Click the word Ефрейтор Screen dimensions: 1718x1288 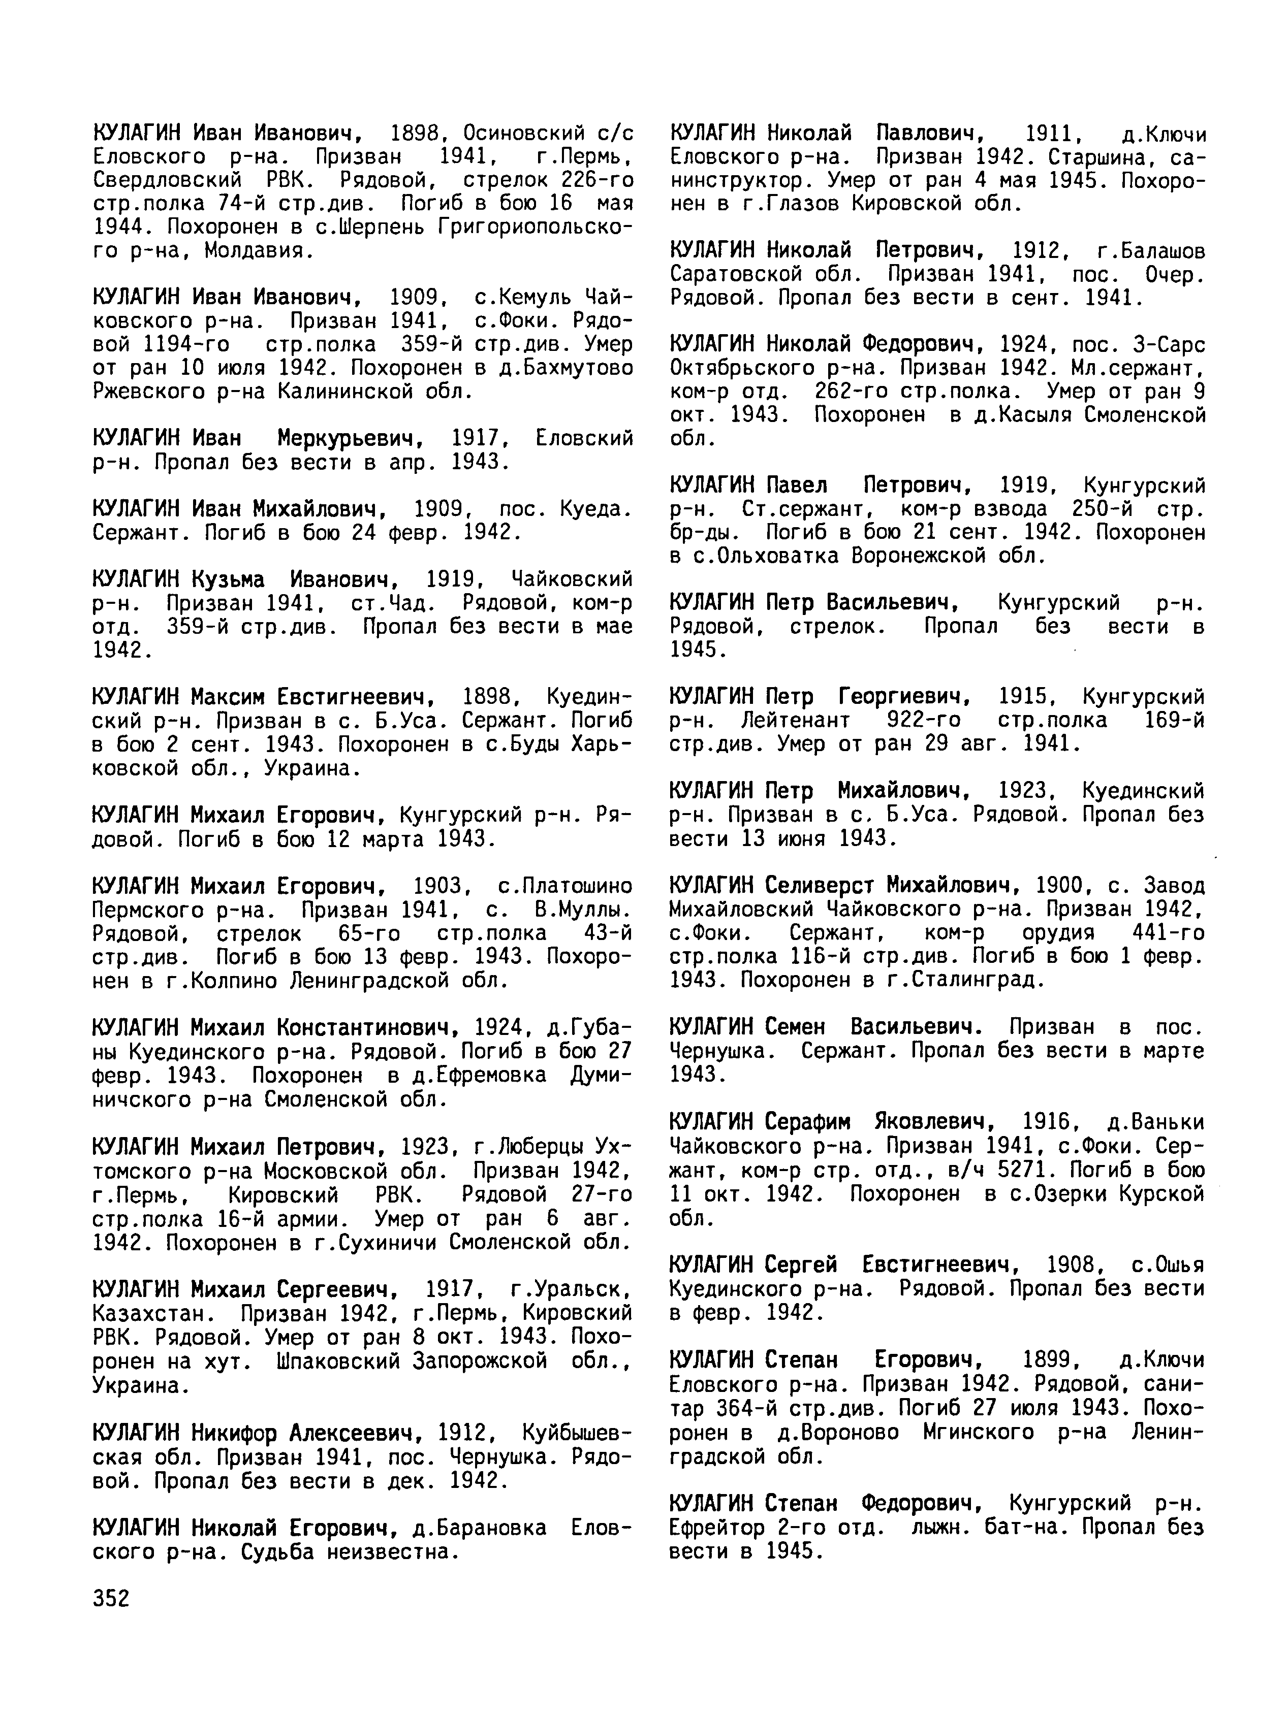point(718,1528)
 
